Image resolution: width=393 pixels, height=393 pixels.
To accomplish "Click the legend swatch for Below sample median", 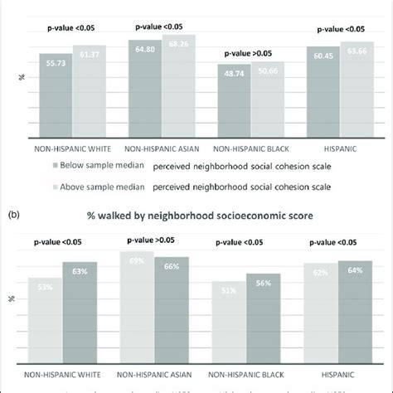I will [x=54, y=164].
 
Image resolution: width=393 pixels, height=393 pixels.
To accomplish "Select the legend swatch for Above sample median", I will [x=54, y=186].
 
